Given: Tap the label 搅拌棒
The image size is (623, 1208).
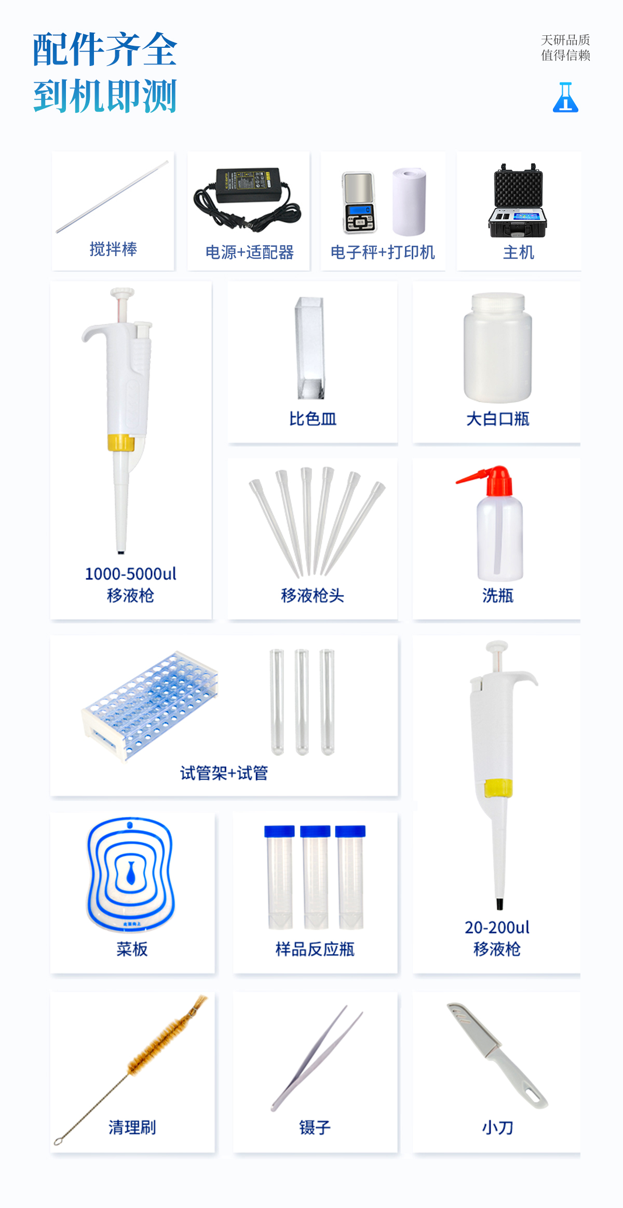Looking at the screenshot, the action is coord(113,249).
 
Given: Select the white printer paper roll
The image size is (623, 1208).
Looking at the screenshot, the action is coord(410,202).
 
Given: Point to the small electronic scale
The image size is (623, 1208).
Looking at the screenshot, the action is coord(359,203).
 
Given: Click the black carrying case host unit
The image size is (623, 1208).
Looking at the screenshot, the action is coord(518,201).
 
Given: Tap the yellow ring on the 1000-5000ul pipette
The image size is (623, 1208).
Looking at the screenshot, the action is coord(121,442).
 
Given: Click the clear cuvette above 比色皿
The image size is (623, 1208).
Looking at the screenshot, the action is coord(310,348).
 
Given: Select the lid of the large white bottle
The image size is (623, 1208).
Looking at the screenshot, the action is coord(498,303).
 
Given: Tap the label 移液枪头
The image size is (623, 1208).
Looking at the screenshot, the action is coord(313,595).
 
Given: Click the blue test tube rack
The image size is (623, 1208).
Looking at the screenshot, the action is coord(150,705).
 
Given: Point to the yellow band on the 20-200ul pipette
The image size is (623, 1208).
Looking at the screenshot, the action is coord(498,788).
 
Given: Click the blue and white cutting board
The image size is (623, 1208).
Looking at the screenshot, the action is coord(131,874).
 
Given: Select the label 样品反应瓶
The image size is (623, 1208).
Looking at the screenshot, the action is coord(315,949).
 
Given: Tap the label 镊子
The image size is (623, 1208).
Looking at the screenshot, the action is coord(315,1127).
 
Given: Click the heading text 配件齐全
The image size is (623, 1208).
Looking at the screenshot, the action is coord(105,49).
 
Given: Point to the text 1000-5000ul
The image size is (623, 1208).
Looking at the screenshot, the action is coord(131,574).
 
